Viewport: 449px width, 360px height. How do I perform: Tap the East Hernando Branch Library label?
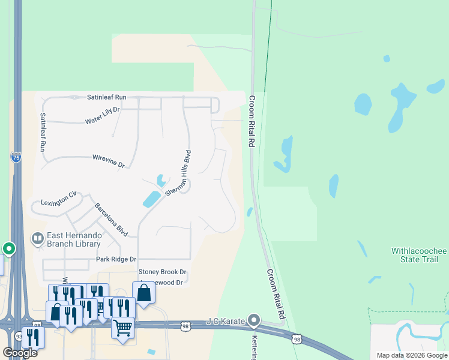75,239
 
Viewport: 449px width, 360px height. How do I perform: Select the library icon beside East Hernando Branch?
38,239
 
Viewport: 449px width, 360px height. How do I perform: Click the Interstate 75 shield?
16,157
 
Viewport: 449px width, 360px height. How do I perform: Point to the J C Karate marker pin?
254,320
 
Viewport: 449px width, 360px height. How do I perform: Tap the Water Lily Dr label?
103,115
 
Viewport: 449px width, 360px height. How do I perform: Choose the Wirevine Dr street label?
108,161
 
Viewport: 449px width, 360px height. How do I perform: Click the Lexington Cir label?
59,199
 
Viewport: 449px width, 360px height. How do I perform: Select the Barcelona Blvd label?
111,219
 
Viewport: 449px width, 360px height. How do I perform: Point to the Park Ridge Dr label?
116,259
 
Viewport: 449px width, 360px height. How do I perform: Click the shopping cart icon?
123,328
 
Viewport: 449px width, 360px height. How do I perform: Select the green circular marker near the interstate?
8,248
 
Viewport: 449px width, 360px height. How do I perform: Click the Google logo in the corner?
20,353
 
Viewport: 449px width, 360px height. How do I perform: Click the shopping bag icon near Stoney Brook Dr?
143,293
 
